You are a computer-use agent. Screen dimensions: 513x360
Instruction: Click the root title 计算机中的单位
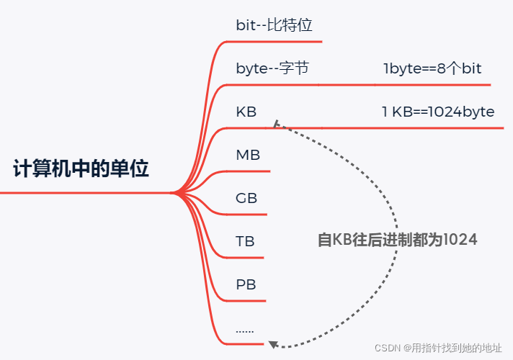click(81, 168)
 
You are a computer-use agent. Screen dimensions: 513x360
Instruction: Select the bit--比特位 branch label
click(275, 25)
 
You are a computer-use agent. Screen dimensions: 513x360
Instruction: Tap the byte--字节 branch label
click(272, 68)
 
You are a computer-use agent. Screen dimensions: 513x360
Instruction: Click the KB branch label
click(246, 112)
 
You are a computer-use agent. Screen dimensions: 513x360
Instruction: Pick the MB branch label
click(248, 155)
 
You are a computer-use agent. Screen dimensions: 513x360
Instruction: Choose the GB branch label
click(246, 198)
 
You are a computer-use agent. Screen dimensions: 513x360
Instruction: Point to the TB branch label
click(245, 241)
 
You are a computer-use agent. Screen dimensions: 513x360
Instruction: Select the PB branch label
click(246, 284)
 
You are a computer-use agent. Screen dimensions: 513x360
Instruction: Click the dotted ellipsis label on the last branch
click(245, 331)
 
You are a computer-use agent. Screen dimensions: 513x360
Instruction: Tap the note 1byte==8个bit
click(432, 68)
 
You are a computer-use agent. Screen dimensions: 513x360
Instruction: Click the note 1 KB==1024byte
click(438, 112)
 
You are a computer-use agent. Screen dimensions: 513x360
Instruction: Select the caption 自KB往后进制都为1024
click(397, 240)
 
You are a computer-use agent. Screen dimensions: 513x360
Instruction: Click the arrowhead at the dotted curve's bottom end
click(273, 344)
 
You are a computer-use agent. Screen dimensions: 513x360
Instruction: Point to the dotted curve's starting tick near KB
click(277, 124)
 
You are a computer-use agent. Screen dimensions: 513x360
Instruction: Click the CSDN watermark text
click(438, 348)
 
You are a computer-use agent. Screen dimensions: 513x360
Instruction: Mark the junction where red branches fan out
click(175, 193)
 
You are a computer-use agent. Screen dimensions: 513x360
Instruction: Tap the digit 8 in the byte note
click(442, 68)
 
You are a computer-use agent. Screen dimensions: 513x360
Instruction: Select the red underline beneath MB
click(249, 171)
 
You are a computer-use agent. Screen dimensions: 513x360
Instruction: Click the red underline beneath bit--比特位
click(275, 42)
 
